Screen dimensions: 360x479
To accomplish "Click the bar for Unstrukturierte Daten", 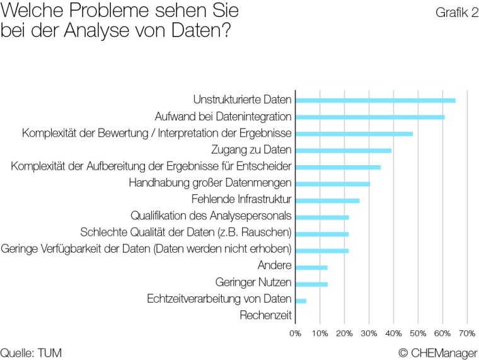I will tap(375, 100).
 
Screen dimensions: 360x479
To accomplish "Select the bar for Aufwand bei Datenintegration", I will tap(370, 117).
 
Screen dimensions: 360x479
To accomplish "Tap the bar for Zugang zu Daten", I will tap(343, 150).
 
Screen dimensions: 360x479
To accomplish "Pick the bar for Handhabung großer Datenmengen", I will tap(333, 183).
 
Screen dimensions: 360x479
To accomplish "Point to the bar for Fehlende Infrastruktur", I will tap(327, 200).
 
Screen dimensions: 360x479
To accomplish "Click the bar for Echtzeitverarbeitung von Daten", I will tap(301, 301).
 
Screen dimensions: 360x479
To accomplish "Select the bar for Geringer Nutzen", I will tap(311, 284).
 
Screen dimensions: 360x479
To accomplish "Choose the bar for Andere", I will tap(311, 267).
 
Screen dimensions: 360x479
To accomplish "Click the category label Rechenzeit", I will tap(265, 315).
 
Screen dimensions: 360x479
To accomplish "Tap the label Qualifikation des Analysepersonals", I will tap(211, 216).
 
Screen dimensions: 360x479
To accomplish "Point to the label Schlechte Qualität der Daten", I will tap(186, 233).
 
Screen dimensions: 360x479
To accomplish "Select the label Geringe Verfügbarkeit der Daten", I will tap(146, 249).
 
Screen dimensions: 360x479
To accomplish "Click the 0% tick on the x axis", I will tap(295, 332).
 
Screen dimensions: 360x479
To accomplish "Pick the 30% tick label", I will tap(369, 332).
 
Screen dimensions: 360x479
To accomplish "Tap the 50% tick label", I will tap(418, 332).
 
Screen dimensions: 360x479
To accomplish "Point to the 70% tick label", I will tap(467, 332).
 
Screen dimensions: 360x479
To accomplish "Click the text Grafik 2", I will tap(456, 13).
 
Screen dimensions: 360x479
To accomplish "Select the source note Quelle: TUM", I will tap(31, 351).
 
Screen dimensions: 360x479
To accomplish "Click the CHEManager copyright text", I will tap(438, 351).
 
